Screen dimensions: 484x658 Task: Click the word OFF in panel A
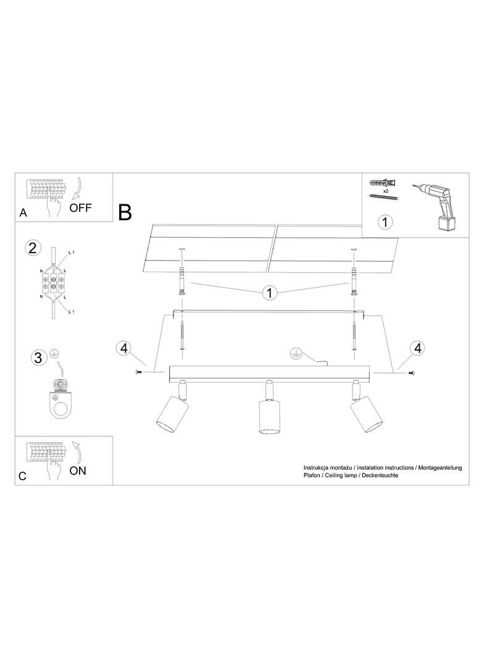pyautogui.click(x=80, y=207)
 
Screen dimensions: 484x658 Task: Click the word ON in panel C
pyautogui.click(x=78, y=471)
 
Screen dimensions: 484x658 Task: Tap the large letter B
pyautogui.click(x=125, y=212)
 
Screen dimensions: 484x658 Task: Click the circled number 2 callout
pyautogui.click(x=33, y=248)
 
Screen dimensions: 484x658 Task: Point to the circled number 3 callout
pyautogui.click(x=38, y=358)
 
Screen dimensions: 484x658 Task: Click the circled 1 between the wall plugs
pyautogui.click(x=270, y=293)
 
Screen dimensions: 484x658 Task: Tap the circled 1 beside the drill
pyautogui.click(x=385, y=222)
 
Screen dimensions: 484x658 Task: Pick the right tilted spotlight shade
pyautogui.click(x=366, y=414)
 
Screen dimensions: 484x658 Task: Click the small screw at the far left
pyautogui.click(x=138, y=372)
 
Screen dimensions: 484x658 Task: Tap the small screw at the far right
pyautogui.click(x=411, y=373)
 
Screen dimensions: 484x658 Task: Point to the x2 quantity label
pyautogui.click(x=386, y=191)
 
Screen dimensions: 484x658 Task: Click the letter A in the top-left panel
pyautogui.click(x=23, y=213)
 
